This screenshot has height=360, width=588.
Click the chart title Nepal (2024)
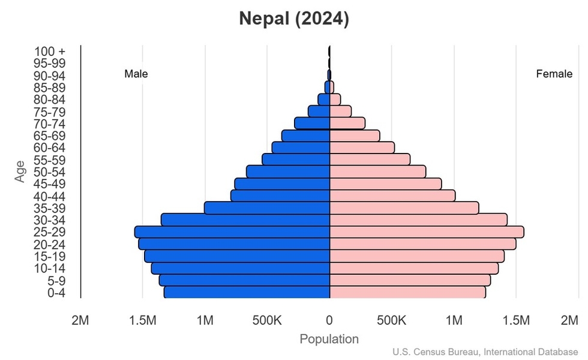294,19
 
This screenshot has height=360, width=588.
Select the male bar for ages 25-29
233,232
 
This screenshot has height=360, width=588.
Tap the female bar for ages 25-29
427,232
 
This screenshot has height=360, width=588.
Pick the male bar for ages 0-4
247,292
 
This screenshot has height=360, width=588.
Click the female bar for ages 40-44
392,196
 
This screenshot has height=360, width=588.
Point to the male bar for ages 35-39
267,208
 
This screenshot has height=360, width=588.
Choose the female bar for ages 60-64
362,148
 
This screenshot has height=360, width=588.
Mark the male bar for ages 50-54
288,172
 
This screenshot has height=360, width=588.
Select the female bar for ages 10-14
414,268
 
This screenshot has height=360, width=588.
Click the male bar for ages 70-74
312,123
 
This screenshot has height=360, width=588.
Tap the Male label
136,74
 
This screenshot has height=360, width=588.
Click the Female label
554,74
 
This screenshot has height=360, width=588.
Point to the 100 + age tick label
50,52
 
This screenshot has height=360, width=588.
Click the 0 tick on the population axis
329,321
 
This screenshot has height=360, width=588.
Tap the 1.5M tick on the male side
143,321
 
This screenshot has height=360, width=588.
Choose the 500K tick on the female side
392,321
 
